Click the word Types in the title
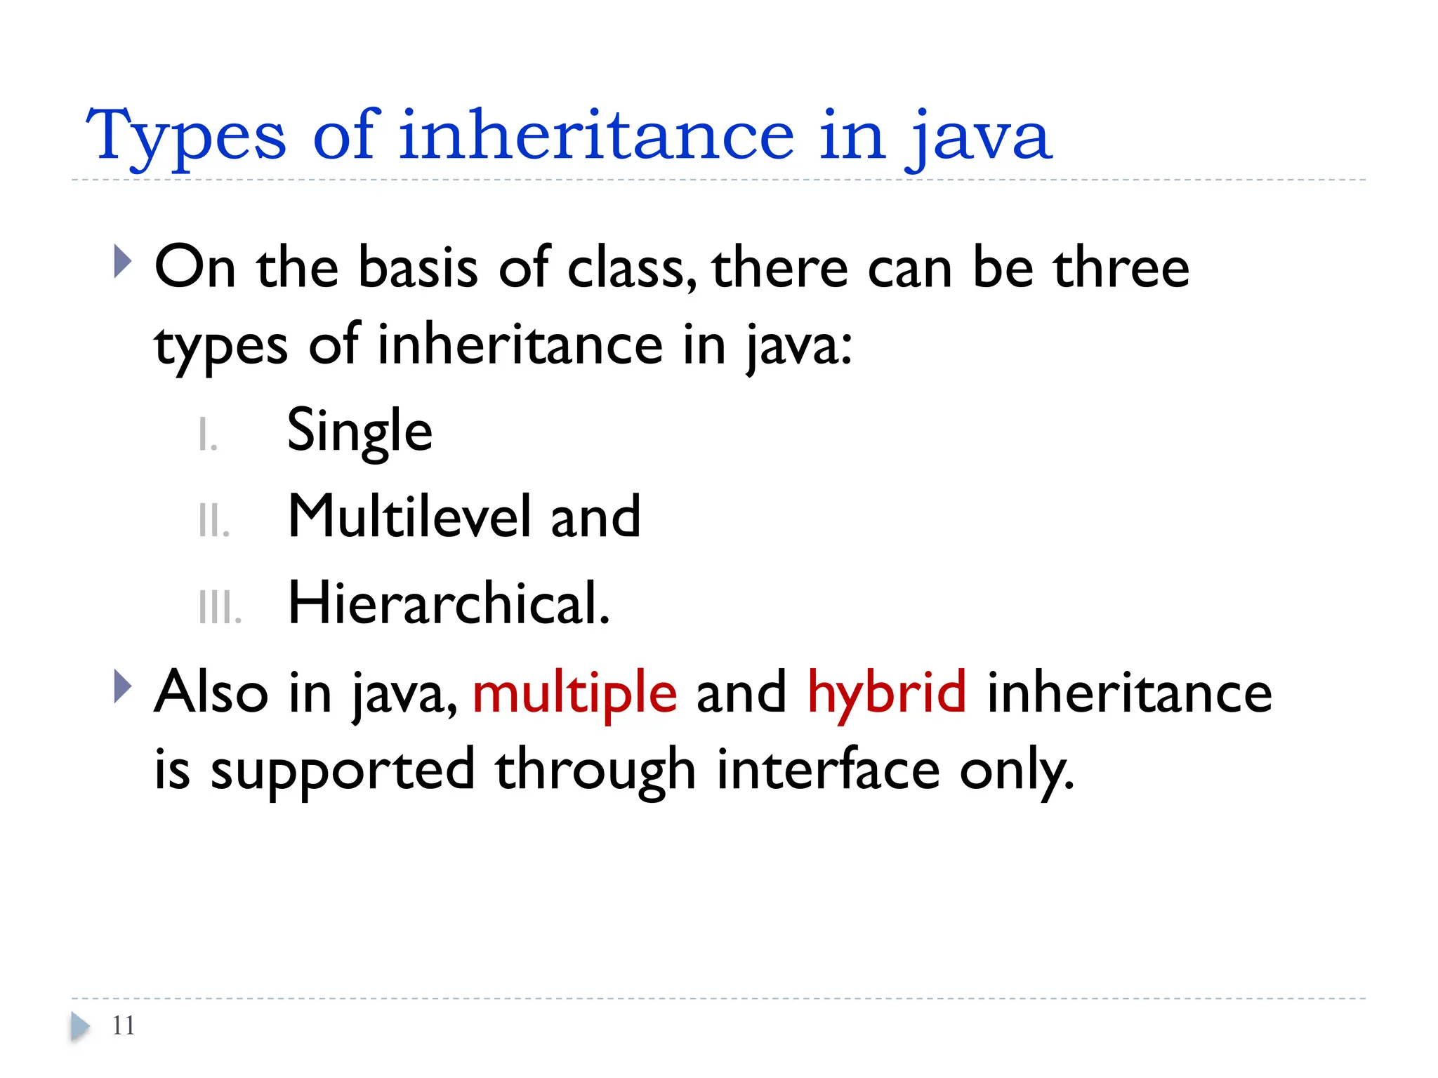click(x=186, y=137)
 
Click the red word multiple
click(x=574, y=693)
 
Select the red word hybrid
click(x=887, y=693)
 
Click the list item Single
click(x=359, y=432)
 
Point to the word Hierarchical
click(x=448, y=604)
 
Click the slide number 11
click(x=124, y=1026)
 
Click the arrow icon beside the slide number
click(x=80, y=1027)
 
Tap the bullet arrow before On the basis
click(x=122, y=262)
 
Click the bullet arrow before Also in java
click(x=122, y=686)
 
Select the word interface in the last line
click(x=828, y=771)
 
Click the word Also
click(x=211, y=693)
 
